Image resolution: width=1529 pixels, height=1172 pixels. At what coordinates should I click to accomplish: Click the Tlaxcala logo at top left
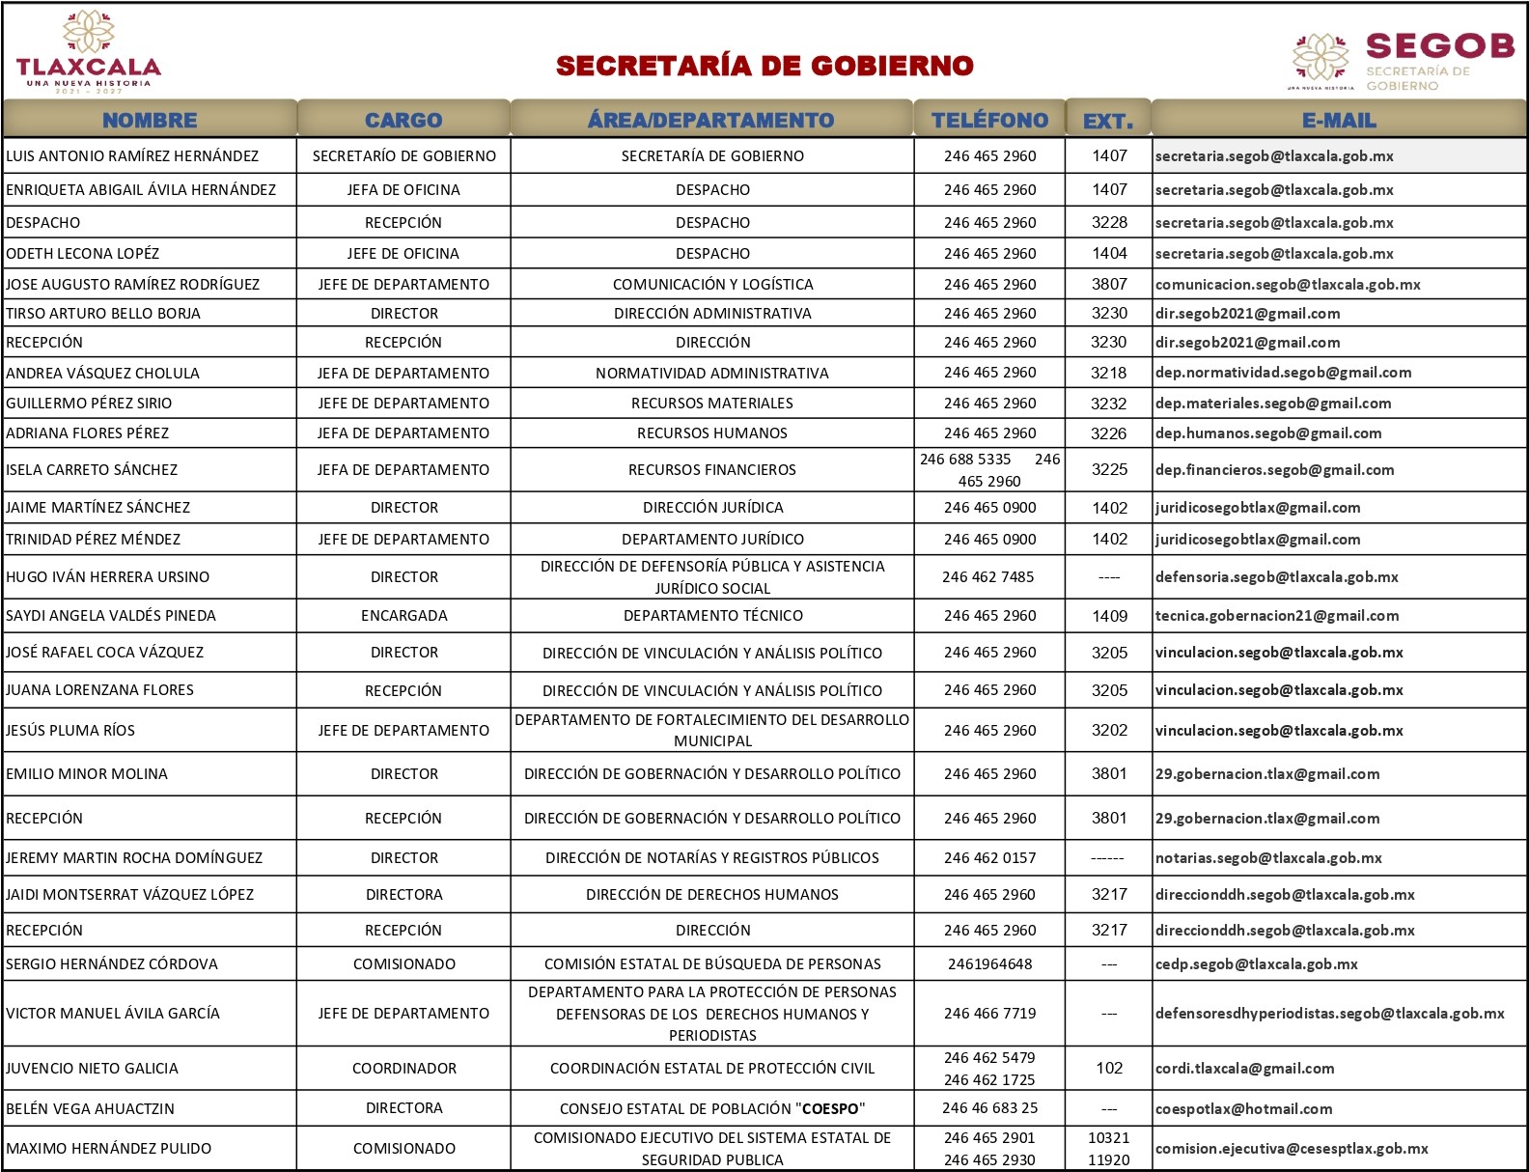[88, 52]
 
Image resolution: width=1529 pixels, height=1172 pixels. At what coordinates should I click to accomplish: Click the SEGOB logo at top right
[1404, 60]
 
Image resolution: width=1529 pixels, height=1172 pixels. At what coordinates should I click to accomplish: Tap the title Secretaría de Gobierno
[764, 66]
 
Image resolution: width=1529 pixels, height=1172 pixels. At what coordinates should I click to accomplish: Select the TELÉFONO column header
[989, 120]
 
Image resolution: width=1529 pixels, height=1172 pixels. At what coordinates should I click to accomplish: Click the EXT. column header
[1108, 121]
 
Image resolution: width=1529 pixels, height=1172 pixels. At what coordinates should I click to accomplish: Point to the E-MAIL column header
[1339, 120]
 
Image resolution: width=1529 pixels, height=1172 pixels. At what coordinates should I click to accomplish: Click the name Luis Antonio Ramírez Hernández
[132, 156]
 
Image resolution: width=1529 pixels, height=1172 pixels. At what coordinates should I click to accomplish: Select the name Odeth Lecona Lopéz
[83, 254]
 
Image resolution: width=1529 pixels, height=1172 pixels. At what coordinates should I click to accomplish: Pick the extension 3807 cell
[1109, 284]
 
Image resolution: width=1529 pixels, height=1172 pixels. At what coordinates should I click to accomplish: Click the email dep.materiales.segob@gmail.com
[1273, 404]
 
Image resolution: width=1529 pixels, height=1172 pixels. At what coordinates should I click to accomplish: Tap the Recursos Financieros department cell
[712, 470]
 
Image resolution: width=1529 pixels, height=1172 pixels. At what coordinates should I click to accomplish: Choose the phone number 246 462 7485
[988, 577]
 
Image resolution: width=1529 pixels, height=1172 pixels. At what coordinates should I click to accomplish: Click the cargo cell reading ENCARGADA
[403, 616]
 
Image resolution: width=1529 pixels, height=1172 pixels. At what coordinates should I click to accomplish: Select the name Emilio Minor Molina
[87, 774]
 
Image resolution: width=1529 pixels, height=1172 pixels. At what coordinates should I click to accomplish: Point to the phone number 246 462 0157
[989, 858]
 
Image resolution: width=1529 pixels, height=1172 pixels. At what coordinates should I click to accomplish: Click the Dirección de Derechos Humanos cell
[712, 895]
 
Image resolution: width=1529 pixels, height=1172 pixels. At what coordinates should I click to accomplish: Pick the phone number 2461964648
[989, 964]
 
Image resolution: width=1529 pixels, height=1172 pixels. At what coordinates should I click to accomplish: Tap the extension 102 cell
[1109, 1069]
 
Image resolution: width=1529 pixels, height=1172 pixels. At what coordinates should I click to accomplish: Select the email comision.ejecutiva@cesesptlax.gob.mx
[1292, 1149]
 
